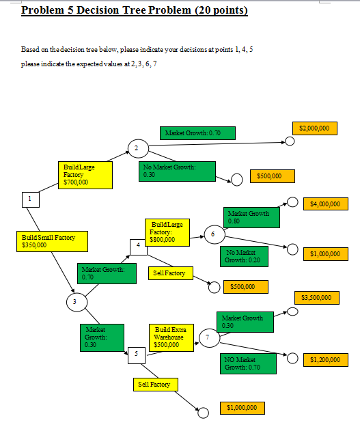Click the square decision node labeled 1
click(x=29, y=198)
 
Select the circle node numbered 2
click(x=137, y=148)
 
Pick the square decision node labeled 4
click(x=139, y=245)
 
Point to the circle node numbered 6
click(x=213, y=234)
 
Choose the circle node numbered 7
click(x=208, y=337)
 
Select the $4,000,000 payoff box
click(x=326, y=204)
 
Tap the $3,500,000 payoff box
click(x=316, y=298)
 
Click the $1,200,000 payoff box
click(x=325, y=359)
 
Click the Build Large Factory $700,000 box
click(x=85, y=175)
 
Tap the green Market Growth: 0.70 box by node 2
click(x=198, y=133)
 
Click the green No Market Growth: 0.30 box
click(x=178, y=171)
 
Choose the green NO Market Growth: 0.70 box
click(x=249, y=363)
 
